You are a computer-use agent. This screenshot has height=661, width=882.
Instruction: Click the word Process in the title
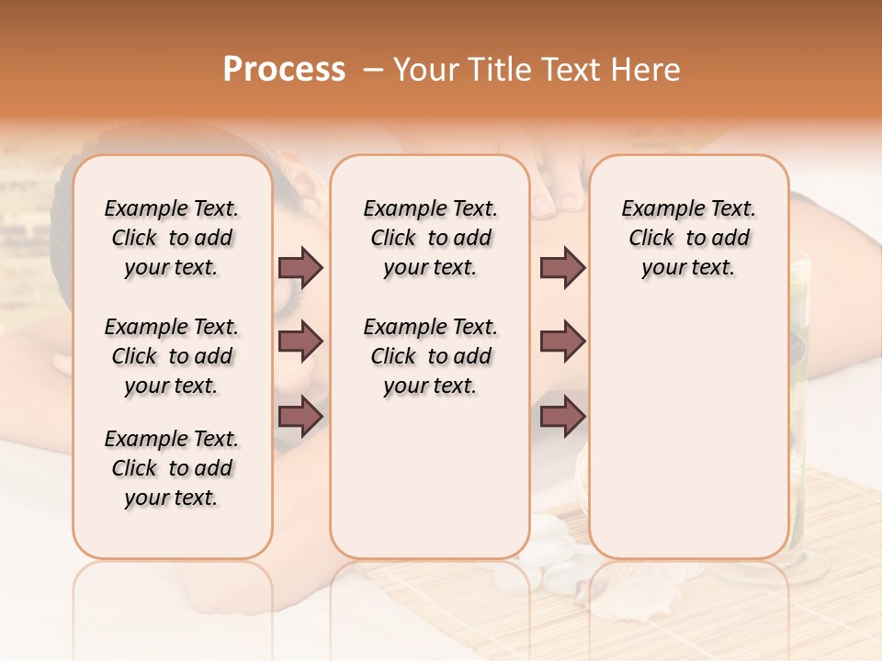pyautogui.click(x=284, y=70)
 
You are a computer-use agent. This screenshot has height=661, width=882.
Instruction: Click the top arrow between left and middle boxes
pyautogui.click(x=300, y=267)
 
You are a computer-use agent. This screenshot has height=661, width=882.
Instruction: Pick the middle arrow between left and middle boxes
pyautogui.click(x=300, y=342)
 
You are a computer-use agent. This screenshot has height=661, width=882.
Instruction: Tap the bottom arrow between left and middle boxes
pyautogui.click(x=300, y=417)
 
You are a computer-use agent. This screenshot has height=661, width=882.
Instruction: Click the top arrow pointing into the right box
pyautogui.click(x=562, y=267)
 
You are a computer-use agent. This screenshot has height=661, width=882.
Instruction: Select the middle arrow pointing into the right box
pyautogui.click(x=562, y=342)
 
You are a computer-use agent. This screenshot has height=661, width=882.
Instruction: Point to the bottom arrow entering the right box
pyautogui.click(x=562, y=417)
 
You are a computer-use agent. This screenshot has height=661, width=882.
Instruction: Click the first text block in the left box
pyautogui.click(x=172, y=238)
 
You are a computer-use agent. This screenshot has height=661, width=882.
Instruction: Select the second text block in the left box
pyautogui.click(x=172, y=356)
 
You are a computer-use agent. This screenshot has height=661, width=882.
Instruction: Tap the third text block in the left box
pyautogui.click(x=172, y=468)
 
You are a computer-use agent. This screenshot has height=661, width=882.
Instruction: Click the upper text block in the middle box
pyautogui.click(x=430, y=238)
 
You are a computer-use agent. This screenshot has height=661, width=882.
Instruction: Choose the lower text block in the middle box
pyautogui.click(x=430, y=356)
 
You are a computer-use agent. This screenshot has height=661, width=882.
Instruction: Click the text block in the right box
pyautogui.click(x=688, y=238)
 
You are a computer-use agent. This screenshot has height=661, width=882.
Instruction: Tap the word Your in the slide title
pyautogui.click(x=424, y=70)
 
